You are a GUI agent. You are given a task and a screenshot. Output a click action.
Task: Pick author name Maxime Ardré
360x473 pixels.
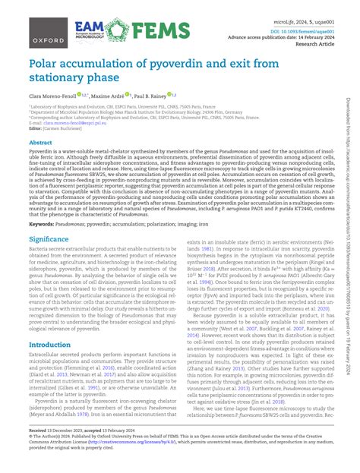(x=109, y=97)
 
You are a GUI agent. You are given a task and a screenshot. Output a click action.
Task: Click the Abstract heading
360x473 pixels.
(x=40, y=142)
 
